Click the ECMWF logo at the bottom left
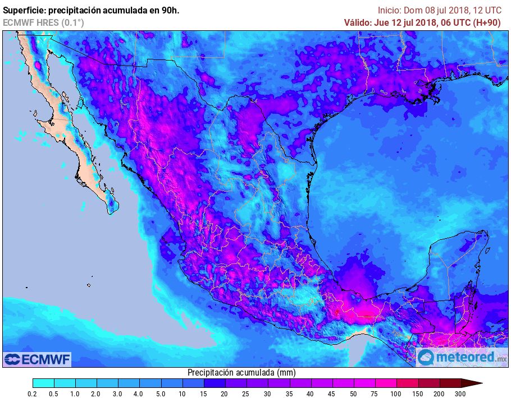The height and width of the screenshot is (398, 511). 38,359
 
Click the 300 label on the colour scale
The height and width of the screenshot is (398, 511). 460,394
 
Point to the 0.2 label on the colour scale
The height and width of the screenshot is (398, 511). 33,394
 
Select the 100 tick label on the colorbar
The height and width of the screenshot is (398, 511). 396,394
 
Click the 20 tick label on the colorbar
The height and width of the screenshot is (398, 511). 224,394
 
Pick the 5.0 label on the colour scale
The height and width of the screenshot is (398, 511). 161,394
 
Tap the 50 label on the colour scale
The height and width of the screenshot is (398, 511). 353,394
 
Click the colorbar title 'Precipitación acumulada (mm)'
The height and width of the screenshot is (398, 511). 241,373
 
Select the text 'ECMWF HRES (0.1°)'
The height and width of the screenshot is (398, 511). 43,22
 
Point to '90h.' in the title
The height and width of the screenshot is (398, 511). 169,10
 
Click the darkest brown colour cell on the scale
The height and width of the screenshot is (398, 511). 450,383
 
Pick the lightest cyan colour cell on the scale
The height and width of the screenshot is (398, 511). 43,383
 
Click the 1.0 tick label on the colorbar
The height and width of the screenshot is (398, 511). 75,394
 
